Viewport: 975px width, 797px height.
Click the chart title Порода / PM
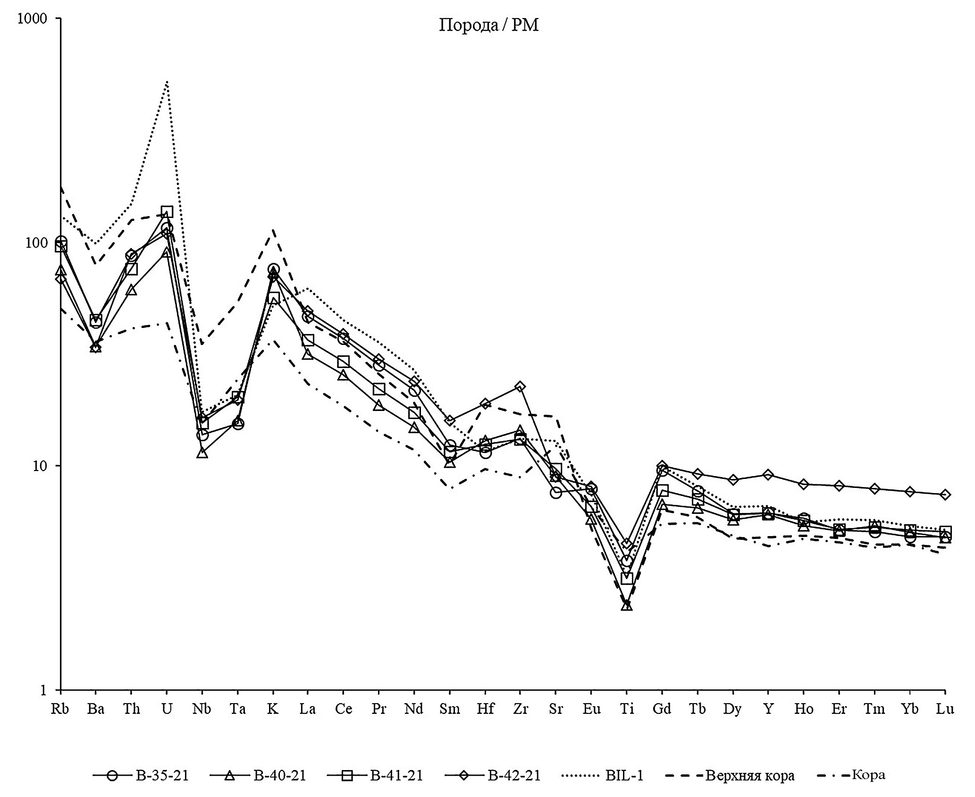pos(488,25)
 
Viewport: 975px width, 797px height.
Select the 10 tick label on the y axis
pos(40,466)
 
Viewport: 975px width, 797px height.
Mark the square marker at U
pos(167,212)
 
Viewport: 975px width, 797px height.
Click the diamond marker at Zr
pos(520,387)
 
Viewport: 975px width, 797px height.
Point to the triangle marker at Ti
pos(626,605)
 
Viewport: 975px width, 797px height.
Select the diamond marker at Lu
pos(945,495)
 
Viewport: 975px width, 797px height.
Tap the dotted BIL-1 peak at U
pos(167,82)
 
